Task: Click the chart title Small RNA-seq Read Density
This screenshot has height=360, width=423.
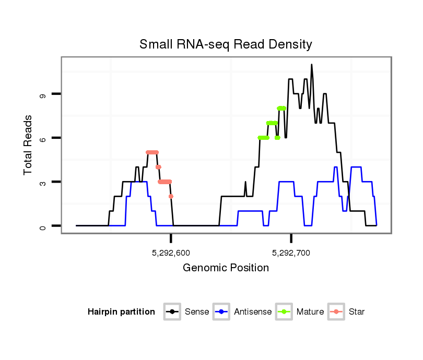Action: [226, 44]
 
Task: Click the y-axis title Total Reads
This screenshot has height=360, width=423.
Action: [29, 145]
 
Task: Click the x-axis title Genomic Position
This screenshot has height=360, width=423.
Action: [226, 268]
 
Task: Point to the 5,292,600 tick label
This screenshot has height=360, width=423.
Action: [171, 253]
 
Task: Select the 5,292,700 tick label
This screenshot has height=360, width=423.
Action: [291, 253]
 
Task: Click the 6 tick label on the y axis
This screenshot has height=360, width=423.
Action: [43, 138]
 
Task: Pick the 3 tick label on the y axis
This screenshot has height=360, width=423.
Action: [43, 182]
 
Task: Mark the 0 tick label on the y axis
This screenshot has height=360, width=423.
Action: [43, 226]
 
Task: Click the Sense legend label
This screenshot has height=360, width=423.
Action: [197, 312]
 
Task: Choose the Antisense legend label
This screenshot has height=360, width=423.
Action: [253, 312]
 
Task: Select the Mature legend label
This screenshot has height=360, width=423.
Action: [310, 312]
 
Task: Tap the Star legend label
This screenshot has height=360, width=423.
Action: [357, 312]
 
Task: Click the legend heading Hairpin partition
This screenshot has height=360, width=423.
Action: [121, 312]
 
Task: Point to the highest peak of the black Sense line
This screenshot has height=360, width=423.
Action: [312, 65]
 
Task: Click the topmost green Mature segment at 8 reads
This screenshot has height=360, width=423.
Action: [281, 109]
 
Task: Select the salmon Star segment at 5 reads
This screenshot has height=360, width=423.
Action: [152, 152]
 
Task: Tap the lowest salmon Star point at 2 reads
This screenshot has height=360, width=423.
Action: [171, 196]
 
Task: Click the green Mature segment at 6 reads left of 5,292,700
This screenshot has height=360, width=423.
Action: [263, 138]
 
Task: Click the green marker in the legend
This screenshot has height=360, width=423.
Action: [285, 312]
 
